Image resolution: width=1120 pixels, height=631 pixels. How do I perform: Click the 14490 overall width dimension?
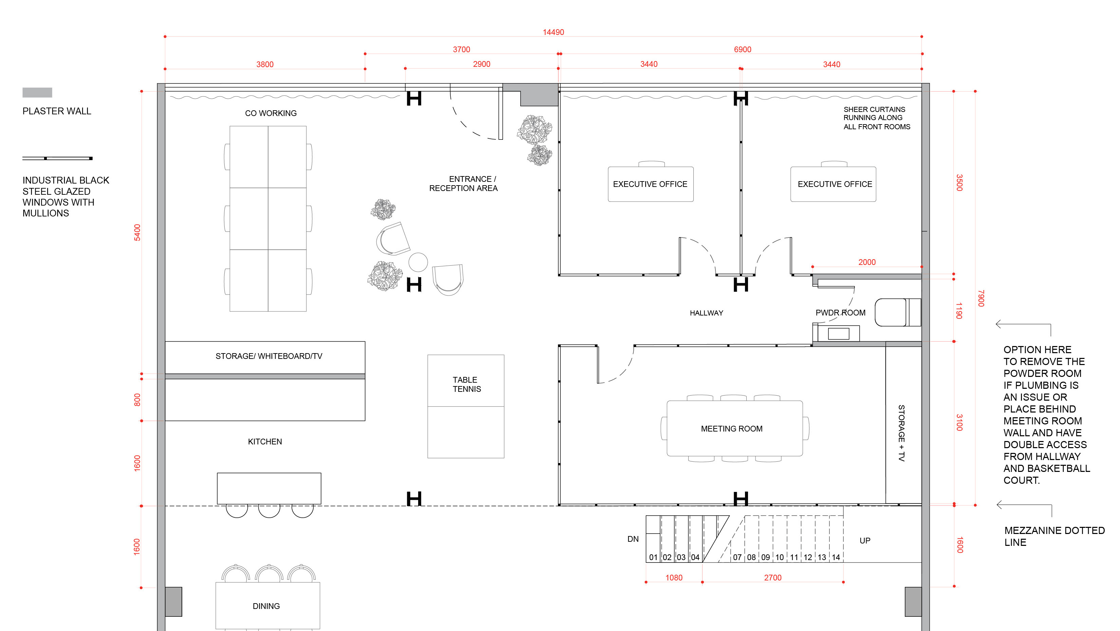point(553,32)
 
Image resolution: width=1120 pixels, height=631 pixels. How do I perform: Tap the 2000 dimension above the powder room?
point(866,262)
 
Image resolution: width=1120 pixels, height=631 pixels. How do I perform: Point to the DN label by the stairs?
point(633,539)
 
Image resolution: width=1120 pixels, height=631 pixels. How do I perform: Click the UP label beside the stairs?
point(865,541)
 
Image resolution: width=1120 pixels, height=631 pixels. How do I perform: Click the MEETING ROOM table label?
point(731,429)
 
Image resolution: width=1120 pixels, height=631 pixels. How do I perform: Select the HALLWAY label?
point(706,313)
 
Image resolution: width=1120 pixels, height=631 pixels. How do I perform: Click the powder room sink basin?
point(838,334)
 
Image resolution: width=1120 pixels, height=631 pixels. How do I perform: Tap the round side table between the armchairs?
point(418,262)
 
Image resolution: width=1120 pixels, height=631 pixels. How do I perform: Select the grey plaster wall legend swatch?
point(37,92)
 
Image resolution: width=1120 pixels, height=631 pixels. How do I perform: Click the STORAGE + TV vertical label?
point(901,433)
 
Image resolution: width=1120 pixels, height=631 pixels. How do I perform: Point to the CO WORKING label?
point(270,113)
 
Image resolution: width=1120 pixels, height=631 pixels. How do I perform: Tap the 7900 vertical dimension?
point(981,298)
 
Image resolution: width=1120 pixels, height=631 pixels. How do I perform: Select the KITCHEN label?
point(265,441)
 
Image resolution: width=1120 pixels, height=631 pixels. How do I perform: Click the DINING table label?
point(266,606)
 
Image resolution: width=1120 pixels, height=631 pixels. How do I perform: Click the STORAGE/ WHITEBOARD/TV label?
point(269,356)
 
